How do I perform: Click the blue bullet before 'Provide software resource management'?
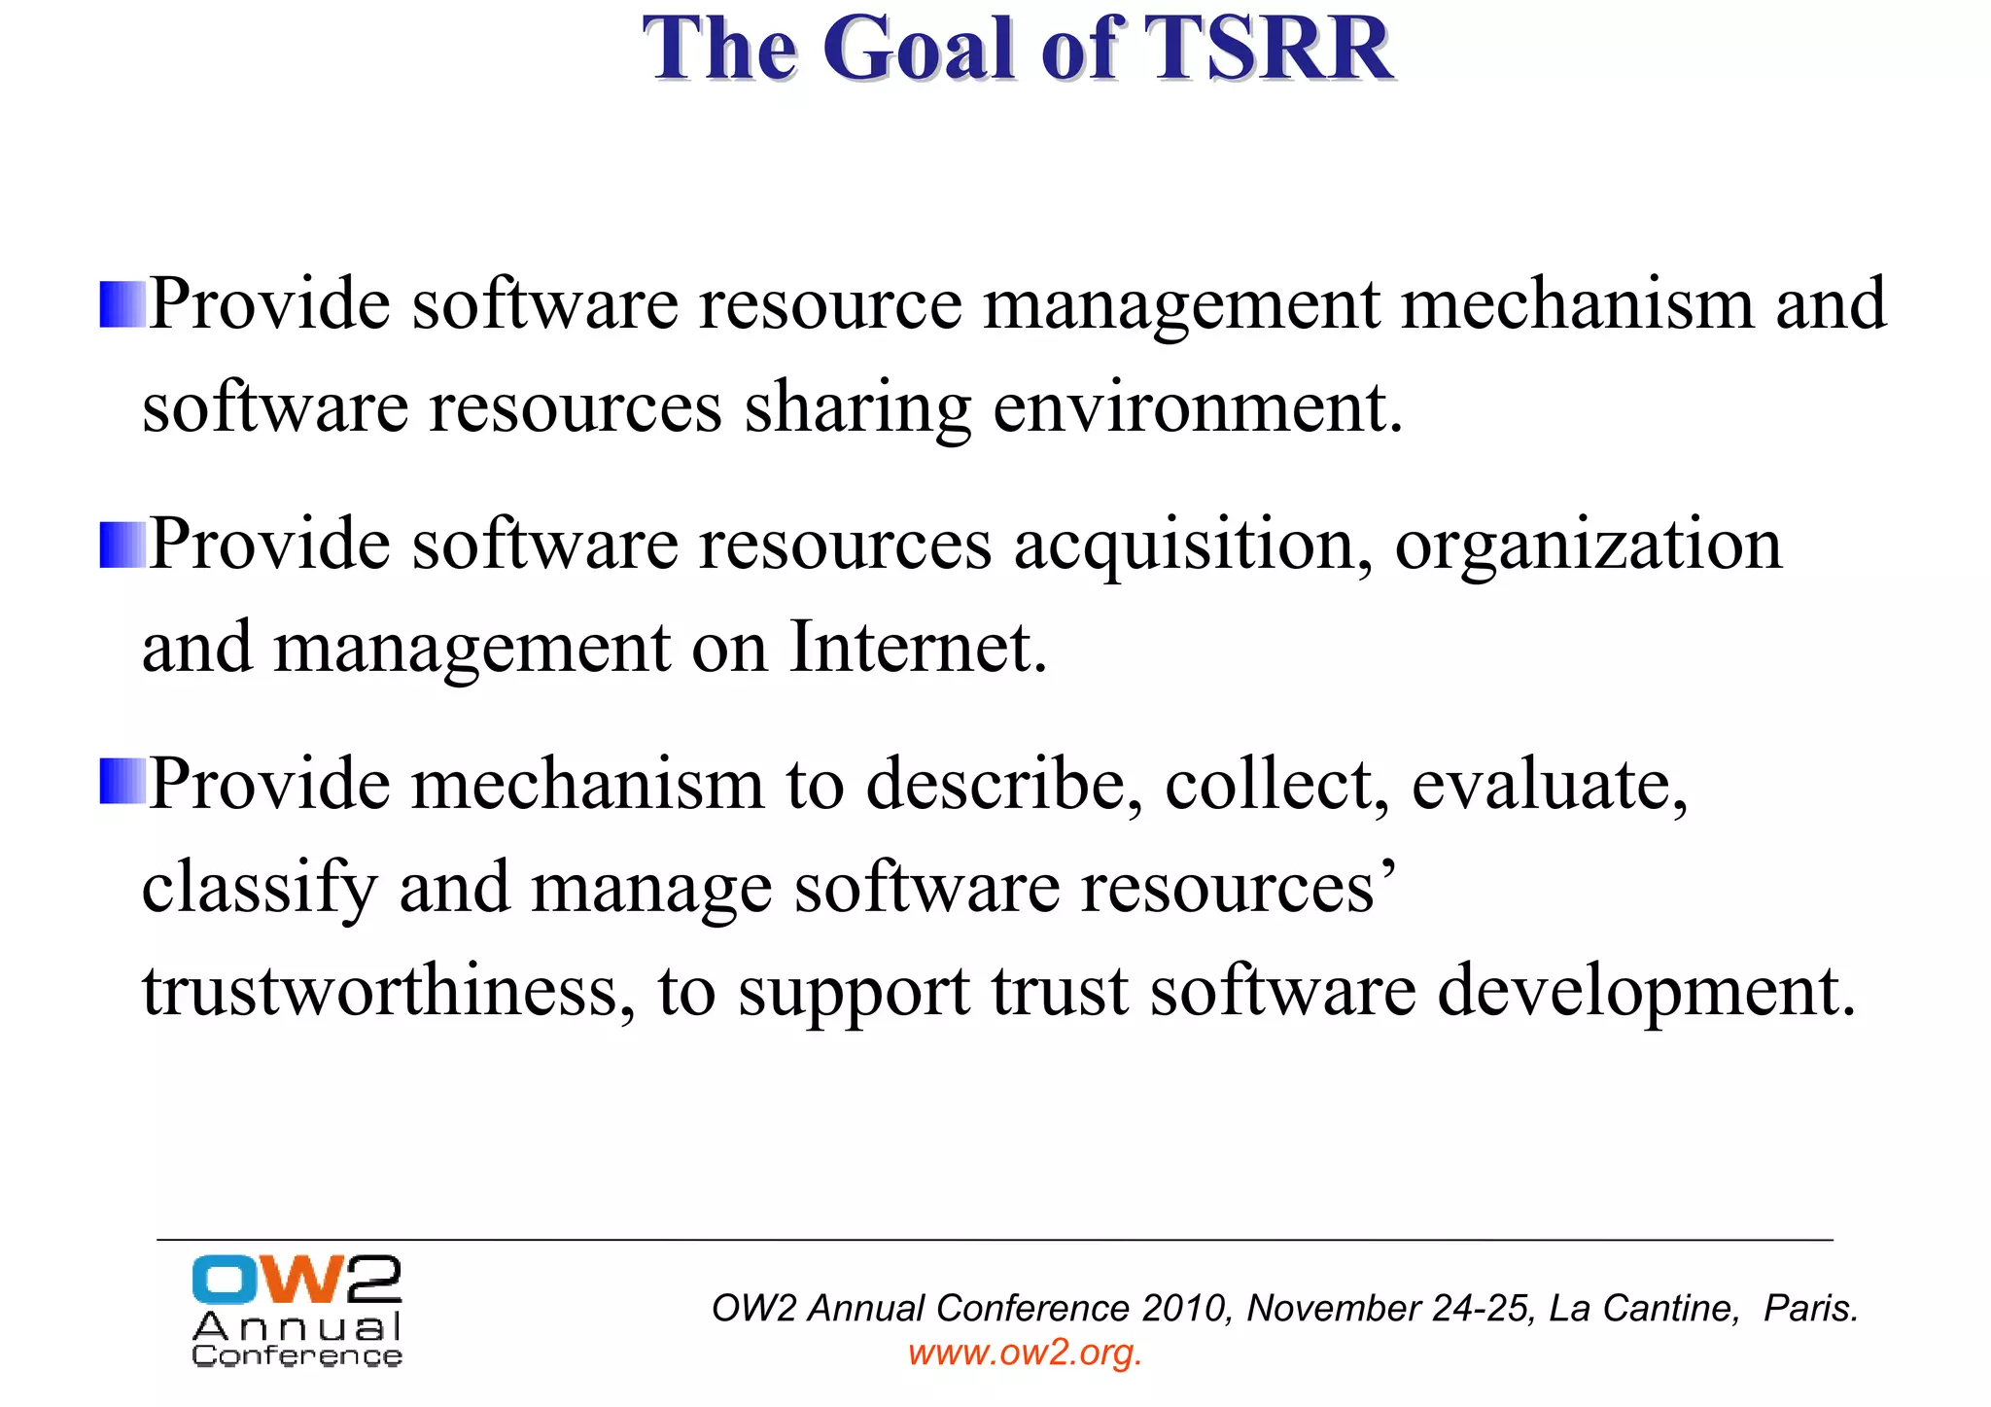click(x=122, y=305)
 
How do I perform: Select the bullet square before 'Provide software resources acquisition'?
click(x=122, y=545)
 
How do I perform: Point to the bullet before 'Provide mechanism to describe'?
click(x=122, y=783)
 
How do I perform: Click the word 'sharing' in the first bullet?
click(x=857, y=408)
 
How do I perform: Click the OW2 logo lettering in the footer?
click(x=297, y=1280)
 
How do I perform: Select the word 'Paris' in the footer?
click(x=1806, y=1309)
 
